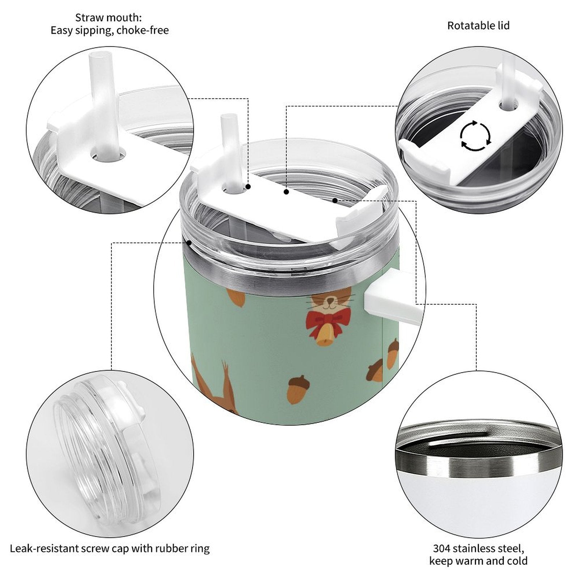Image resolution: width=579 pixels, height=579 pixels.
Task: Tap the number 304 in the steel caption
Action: pos(441,548)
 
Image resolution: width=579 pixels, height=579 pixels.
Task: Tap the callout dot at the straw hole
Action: pos(248,187)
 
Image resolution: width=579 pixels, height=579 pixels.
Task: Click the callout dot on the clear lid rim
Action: pos(189,242)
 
